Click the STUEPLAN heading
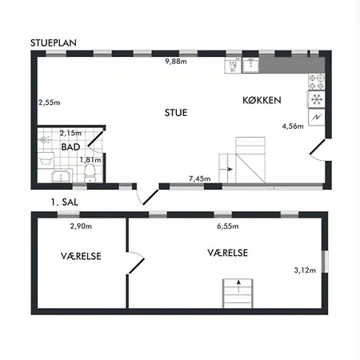click(x=54, y=43)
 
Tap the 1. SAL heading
click(x=65, y=202)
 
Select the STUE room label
click(x=176, y=113)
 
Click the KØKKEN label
click(x=262, y=100)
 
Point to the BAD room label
click(x=70, y=147)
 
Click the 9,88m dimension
click(x=176, y=62)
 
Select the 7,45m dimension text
click(x=199, y=178)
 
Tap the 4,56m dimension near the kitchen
click(x=293, y=126)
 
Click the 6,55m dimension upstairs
click(x=228, y=226)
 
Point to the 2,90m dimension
click(x=81, y=226)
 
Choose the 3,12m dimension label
click(x=305, y=270)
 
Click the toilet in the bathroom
click(x=90, y=174)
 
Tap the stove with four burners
click(x=317, y=82)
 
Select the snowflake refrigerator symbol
click(x=317, y=99)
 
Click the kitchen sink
click(x=250, y=65)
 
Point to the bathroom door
click(x=95, y=139)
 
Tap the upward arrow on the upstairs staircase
click(x=238, y=286)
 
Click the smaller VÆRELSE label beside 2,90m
click(x=81, y=256)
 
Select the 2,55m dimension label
click(x=50, y=102)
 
